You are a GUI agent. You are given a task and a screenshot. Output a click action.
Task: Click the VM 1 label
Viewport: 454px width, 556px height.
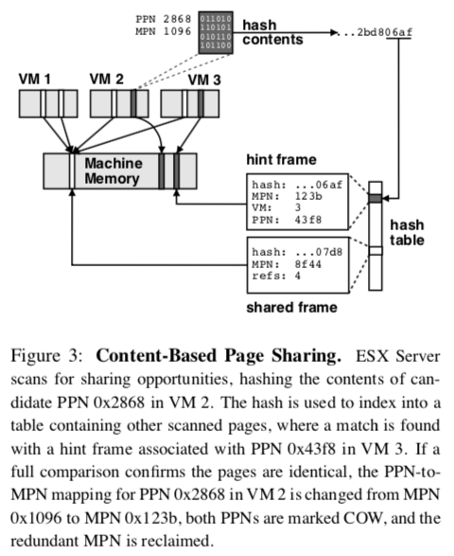(34, 79)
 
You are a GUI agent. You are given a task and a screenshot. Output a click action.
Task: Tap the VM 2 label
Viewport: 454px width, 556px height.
(107, 79)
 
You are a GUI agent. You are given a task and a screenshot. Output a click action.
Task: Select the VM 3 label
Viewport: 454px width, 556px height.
(204, 80)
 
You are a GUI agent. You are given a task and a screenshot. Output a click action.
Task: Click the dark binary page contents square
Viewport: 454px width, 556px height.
(216, 32)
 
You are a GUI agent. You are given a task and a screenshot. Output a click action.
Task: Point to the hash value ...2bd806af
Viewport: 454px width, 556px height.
(375, 32)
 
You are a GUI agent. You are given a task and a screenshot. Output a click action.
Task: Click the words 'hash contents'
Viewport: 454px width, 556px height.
(272, 32)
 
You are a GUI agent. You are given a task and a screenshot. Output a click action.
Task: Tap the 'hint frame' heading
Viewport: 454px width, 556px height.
(281, 159)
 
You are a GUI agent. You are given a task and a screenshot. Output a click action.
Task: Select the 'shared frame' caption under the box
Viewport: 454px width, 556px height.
(291, 308)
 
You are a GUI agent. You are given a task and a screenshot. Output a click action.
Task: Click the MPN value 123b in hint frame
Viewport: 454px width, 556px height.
(308, 196)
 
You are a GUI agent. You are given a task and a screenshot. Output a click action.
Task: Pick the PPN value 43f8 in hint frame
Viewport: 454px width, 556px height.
(308, 220)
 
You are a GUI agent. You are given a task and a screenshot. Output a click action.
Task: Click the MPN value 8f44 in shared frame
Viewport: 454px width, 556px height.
(308, 264)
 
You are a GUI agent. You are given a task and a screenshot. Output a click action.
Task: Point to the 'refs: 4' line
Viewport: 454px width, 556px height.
(276, 276)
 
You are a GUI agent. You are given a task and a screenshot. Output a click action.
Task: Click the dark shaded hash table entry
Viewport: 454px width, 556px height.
(375, 198)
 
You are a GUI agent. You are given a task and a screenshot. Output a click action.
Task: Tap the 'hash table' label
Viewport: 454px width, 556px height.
(407, 233)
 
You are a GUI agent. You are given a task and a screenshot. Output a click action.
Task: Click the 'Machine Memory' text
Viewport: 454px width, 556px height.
(113, 170)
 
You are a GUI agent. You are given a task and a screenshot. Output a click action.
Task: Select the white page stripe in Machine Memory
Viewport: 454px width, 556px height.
(72, 170)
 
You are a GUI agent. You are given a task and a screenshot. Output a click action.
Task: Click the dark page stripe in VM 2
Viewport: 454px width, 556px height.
(133, 103)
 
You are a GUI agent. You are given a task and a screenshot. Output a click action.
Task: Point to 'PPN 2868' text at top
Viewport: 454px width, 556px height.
(164, 19)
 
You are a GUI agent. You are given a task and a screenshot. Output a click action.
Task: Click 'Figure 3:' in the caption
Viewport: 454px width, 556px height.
(46, 356)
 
